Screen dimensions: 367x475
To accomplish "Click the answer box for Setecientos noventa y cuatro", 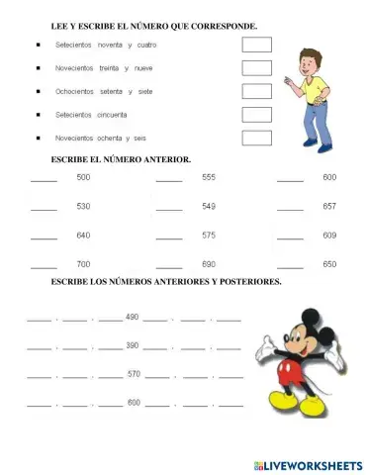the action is click(257, 45).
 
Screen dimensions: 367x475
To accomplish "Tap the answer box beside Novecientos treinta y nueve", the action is click(257, 68).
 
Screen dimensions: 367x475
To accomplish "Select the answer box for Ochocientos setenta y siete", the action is click(257, 91).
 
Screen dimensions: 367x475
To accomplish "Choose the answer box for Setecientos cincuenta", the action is click(257, 115).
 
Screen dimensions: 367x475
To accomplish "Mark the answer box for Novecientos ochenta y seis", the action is click(257, 138).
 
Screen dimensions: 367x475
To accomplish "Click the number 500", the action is click(83, 177).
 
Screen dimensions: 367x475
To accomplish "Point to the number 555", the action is click(209, 177).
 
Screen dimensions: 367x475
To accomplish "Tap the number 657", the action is click(329, 207).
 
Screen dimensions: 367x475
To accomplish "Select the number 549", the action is click(209, 207).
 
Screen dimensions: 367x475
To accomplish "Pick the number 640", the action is click(83, 236).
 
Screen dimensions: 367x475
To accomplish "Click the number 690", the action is click(209, 264).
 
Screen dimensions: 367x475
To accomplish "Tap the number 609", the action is click(329, 236).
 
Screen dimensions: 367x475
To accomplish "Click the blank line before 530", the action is click(44, 210).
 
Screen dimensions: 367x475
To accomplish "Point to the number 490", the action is click(133, 317).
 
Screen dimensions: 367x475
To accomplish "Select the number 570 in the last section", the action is click(135, 374).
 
